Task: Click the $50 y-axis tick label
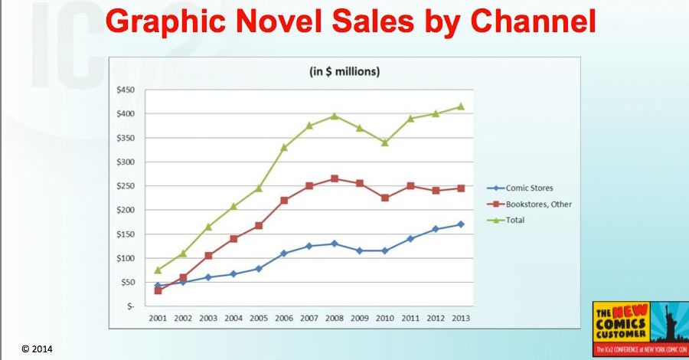[x=127, y=283]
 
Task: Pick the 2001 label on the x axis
[x=158, y=317]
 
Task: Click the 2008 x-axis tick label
[x=335, y=317]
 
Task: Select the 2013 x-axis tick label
[x=461, y=317]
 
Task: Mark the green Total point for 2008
[x=335, y=116]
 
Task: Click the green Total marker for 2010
[x=385, y=142]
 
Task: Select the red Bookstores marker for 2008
[x=335, y=179]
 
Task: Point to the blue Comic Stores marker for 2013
[x=461, y=224]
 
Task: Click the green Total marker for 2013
[x=461, y=106]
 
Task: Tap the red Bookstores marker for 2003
[x=208, y=256]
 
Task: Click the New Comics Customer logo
[x=638, y=327]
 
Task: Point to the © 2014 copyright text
[x=36, y=349]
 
